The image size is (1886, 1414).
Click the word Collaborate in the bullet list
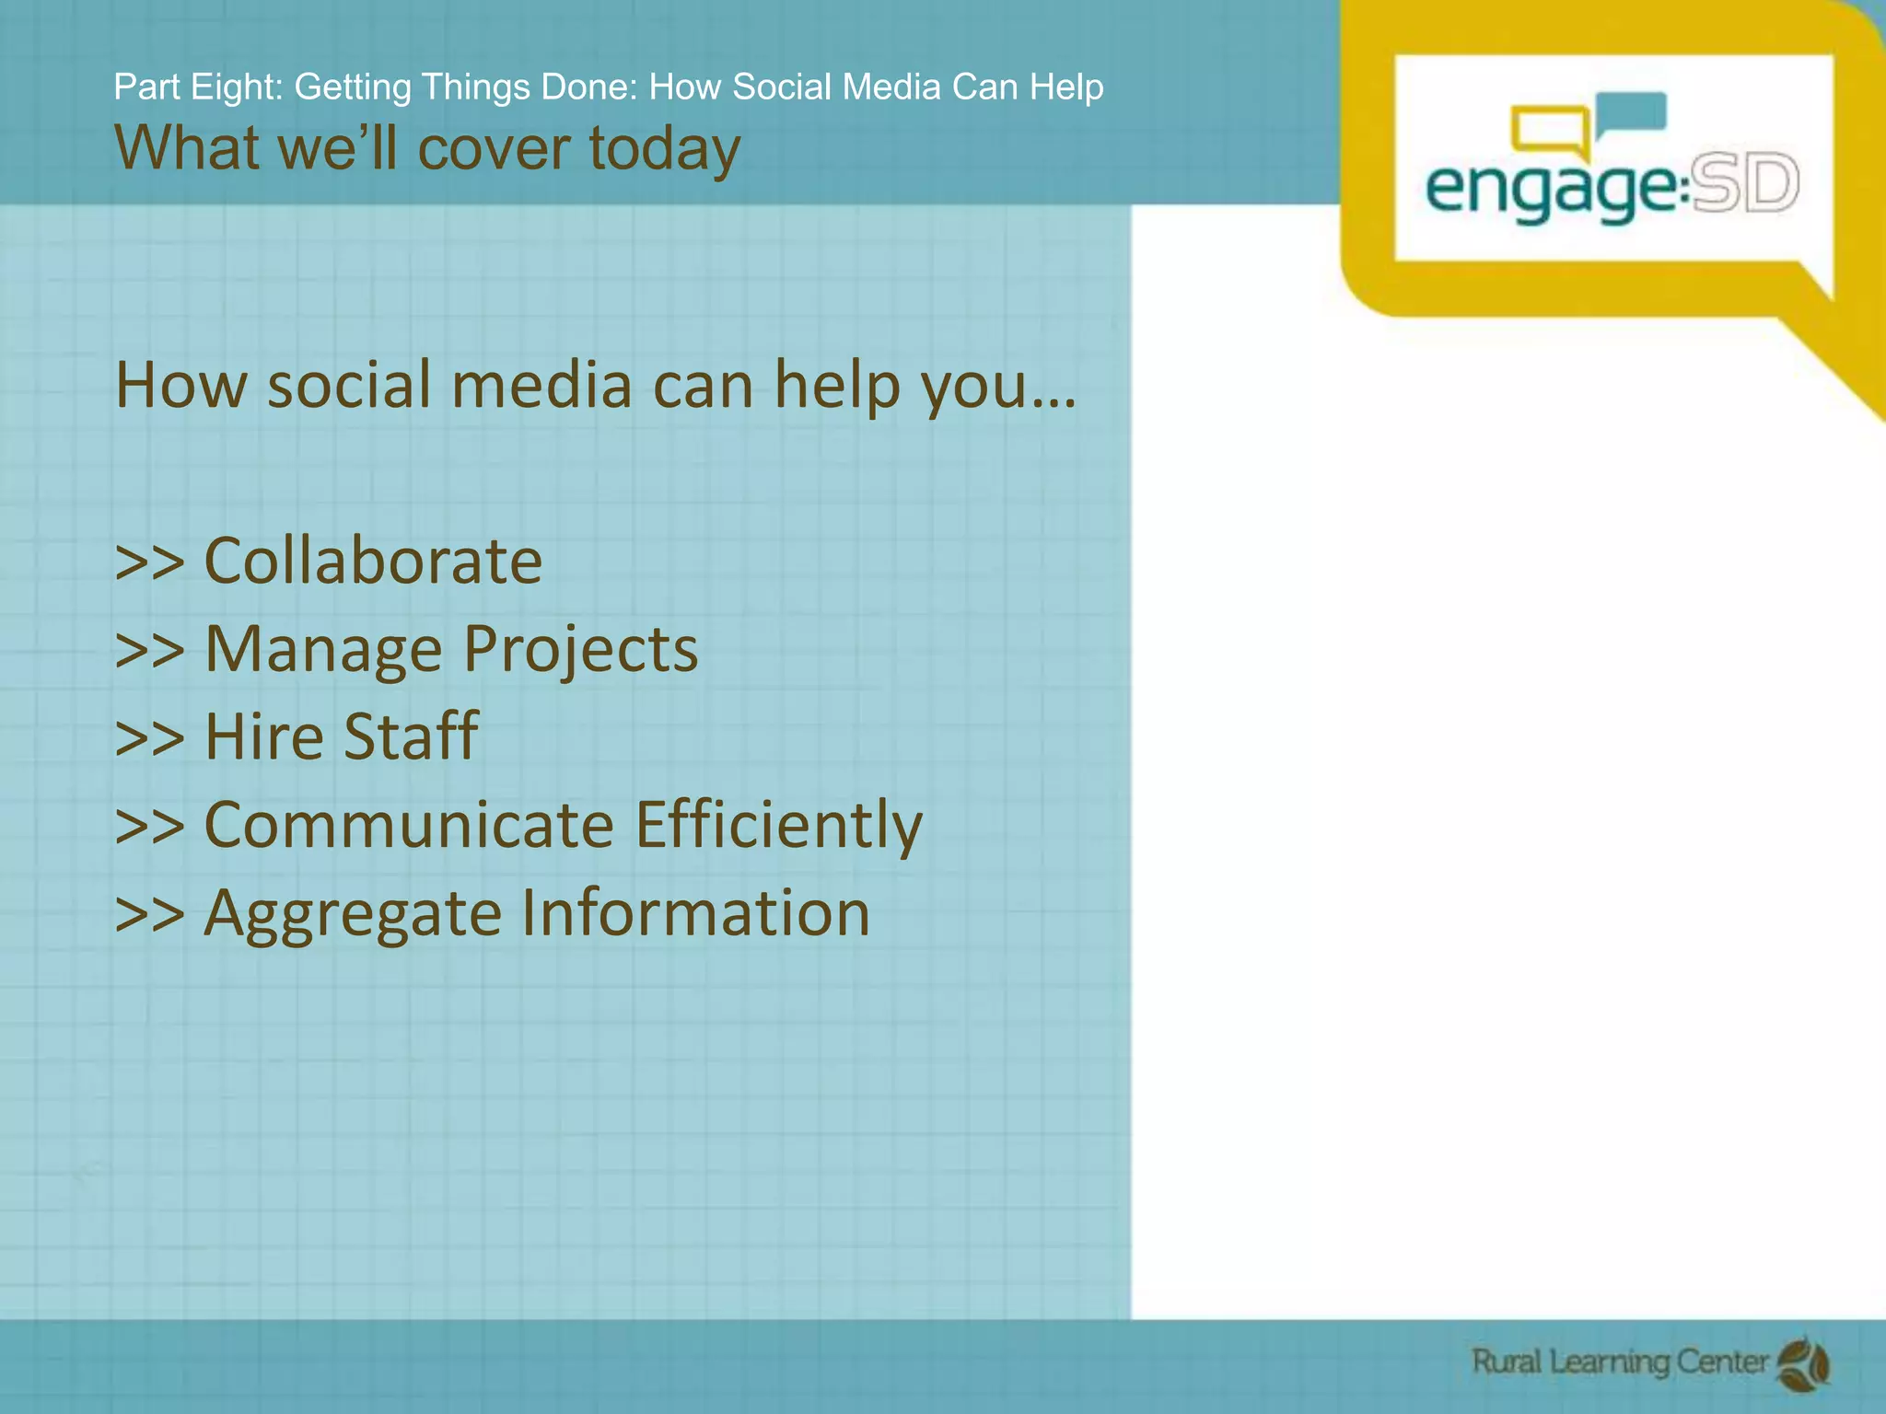[372, 561]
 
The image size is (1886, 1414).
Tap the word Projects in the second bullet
[580, 649]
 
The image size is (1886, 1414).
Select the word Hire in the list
[263, 736]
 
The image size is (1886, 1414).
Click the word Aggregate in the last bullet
[354, 914]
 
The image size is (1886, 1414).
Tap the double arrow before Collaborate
[149, 562]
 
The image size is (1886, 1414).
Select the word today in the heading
[664, 148]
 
